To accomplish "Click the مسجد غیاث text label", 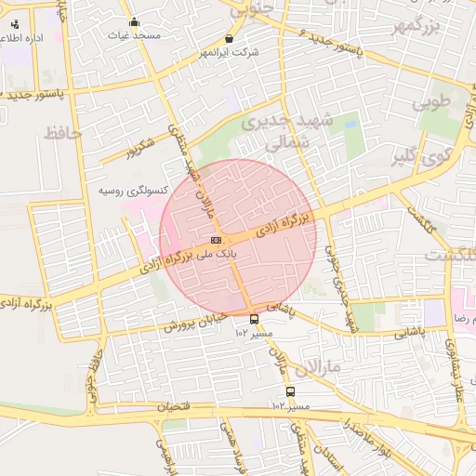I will [135, 34].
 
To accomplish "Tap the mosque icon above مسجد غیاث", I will [134, 22].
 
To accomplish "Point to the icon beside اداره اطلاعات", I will [14, 24].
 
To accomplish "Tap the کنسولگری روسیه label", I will [134, 191].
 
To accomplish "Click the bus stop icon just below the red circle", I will [254, 319].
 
